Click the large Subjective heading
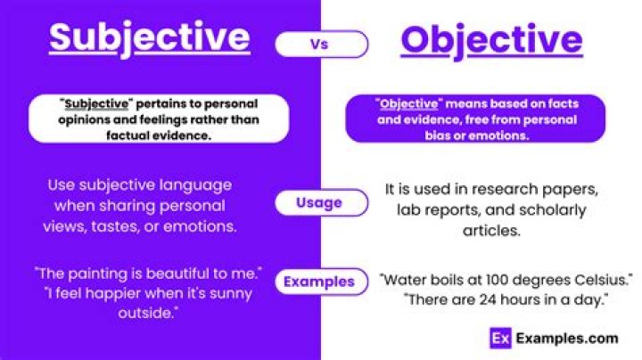[149, 37]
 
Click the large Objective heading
[491, 40]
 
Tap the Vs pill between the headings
[320, 43]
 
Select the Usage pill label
[319, 202]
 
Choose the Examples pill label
[319, 282]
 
